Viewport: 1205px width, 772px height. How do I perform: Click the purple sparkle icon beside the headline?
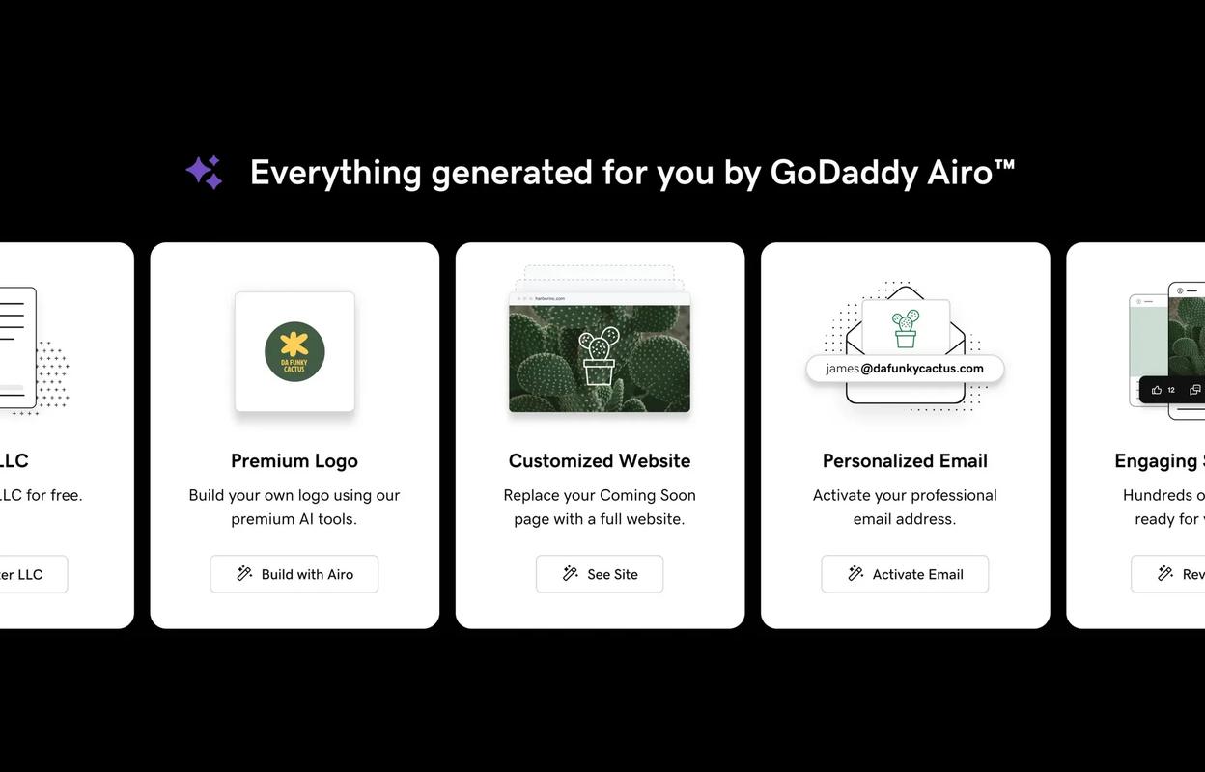coord(204,173)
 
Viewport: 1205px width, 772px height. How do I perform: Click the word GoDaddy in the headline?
coord(843,173)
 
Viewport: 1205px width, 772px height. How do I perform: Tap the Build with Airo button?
coord(294,574)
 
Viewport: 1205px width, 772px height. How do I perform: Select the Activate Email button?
coord(905,574)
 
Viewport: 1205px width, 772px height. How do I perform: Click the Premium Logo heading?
coord(294,461)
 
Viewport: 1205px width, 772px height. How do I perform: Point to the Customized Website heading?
coord(600,461)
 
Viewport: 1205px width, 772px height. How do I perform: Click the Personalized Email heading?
coord(905,461)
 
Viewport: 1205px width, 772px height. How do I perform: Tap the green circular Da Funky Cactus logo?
coord(294,352)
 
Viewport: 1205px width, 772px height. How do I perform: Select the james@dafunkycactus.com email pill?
coord(905,369)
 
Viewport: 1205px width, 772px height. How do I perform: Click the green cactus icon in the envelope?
coord(906,328)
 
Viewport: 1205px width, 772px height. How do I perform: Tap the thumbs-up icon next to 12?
coord(1157,390)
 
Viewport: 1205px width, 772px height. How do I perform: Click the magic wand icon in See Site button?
coord(571,574)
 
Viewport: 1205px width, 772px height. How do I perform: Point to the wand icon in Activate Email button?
coord(855,574)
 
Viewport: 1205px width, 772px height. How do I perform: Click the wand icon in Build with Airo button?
coord(244,574)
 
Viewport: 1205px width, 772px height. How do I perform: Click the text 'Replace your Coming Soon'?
coord(600,495)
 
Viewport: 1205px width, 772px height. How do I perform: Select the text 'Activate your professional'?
coord(905,495)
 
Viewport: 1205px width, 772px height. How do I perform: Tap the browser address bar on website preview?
coord(600,298)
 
